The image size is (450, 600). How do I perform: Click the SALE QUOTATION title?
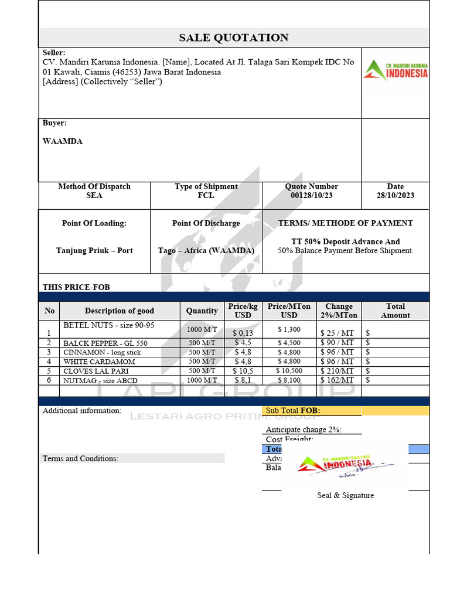(x=233, y=38)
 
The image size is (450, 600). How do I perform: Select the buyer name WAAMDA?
(x=63, y=141)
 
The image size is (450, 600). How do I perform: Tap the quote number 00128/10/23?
(x=311, y=195)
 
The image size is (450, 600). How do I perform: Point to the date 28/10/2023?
(x=395, y=195)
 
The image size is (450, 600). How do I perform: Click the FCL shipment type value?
(x=206, y=195)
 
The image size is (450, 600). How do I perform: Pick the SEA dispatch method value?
(x=94, y=195)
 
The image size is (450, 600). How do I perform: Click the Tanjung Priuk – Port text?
(x=94, y=250)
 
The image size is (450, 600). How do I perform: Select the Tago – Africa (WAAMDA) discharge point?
(x=206, y=250)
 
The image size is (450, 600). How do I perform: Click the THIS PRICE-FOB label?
(x=76, y=287)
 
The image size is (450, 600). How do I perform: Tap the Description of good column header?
(x=120, y=311)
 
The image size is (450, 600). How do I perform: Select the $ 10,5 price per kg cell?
(x=243, y=371)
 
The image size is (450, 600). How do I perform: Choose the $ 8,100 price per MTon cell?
(x=288, y=380)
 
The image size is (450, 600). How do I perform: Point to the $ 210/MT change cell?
(x=338, y=371)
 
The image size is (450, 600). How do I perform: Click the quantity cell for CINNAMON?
(x=202, y=352)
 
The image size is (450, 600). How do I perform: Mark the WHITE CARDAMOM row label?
(x=99, y=362)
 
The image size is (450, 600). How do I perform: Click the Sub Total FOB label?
(x=293, y=411)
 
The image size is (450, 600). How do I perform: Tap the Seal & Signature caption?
(x=345, y=495)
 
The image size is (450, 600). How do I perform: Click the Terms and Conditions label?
(x=80, y=458)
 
